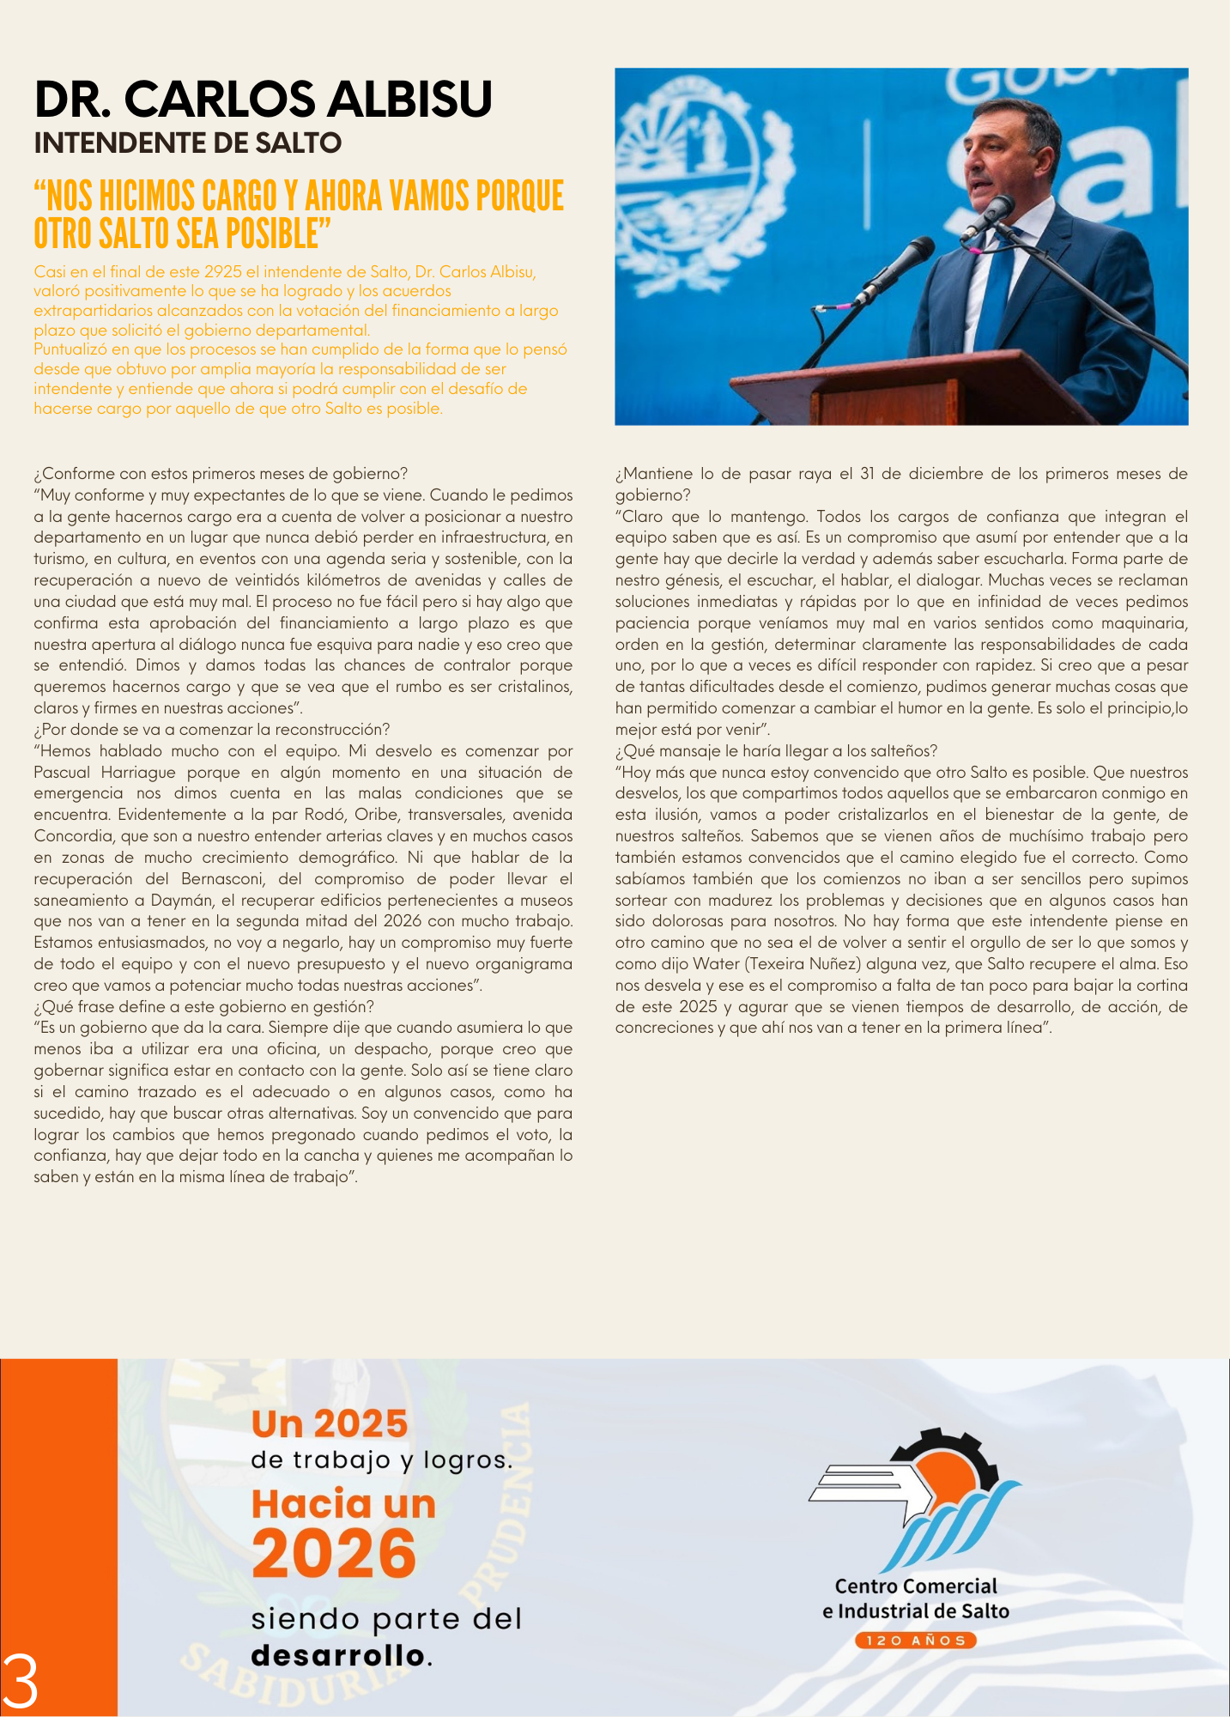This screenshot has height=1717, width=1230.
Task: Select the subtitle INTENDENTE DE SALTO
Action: [x=188, y=143]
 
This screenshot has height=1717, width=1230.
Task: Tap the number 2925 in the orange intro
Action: [x=223, y=272]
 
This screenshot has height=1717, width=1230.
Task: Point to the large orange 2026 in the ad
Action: [x=334, y=1555]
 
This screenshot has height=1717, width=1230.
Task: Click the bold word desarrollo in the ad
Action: [x=338, y=1655]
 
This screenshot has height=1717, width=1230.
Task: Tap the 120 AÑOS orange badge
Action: [x=916, y=1641]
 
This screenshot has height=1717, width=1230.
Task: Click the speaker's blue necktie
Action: [x=997, y=283]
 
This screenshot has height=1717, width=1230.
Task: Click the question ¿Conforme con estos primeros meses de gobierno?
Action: [x=221, y=474]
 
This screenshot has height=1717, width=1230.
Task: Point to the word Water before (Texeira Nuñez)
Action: [x=716, y=964]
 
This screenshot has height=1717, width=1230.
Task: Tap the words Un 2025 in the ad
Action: [x=330, y=1424]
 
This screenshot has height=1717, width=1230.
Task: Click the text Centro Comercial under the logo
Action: [x=916, y=1587]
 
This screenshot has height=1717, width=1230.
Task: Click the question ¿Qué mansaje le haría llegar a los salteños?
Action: [x=776, y=751]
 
